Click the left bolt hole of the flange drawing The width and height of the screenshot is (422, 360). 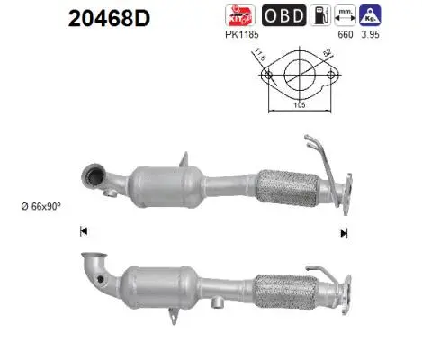pyautogui.click(x=269, y=78)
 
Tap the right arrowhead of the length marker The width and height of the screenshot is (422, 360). pyautogui.click(x=343, y=232)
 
